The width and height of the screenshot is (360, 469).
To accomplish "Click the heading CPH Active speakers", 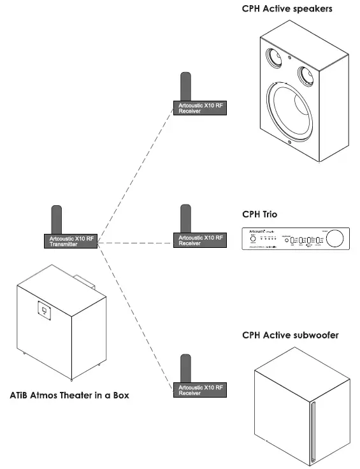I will coord(287,9).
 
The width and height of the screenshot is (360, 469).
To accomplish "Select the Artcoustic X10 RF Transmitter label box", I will coord(71,242).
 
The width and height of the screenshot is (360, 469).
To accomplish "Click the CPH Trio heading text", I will coord(261,215).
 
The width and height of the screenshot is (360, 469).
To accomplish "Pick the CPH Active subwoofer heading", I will coord(291,335).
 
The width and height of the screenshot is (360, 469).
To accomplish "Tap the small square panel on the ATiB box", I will coord(43,310).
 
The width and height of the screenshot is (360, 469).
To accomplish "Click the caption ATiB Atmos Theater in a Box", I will coord(69,395).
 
